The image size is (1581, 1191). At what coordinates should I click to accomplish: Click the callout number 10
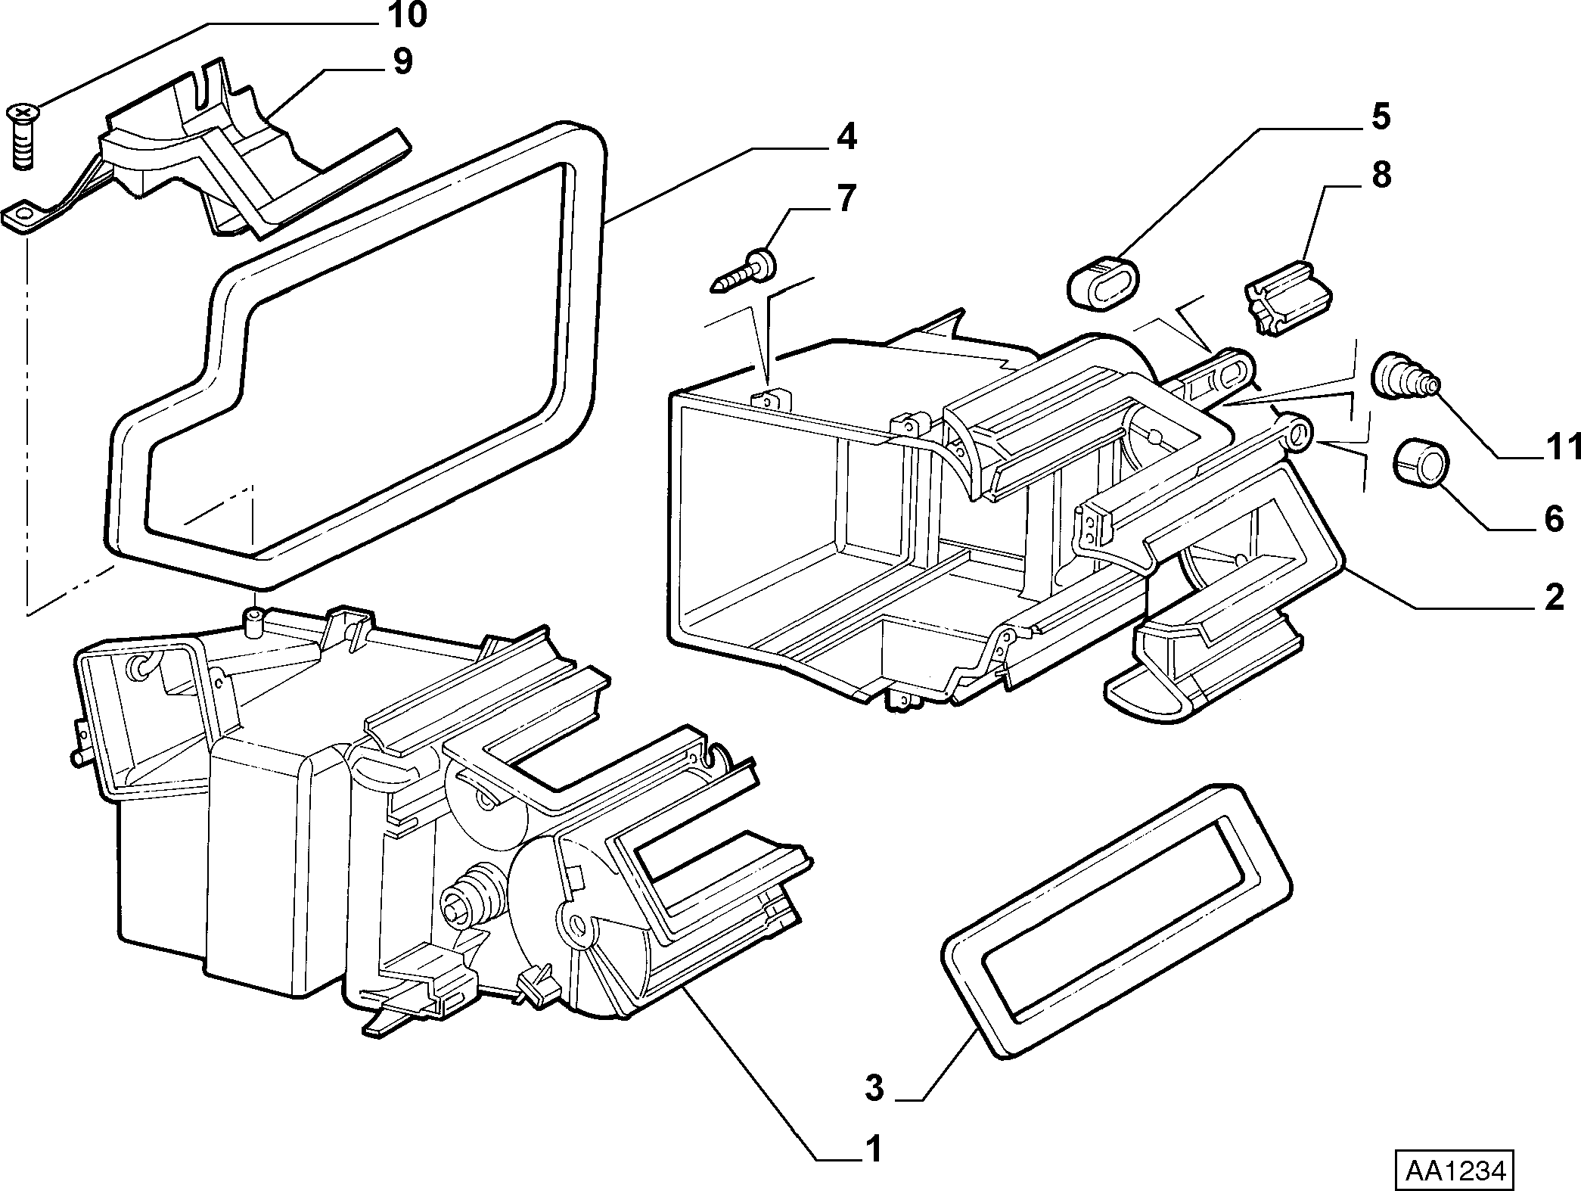pyautogui.click(x=405, y=15)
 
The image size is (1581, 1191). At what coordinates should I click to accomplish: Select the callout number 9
pyautogui.click(x=402, y=61)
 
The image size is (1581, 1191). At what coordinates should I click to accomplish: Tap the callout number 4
pyautogui.click(x=846, y=137)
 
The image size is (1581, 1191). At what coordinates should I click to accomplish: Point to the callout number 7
pyautogui.click(x=845, y=197)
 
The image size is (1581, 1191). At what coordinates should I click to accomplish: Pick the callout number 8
pyautogui.click(x=1381, y=176)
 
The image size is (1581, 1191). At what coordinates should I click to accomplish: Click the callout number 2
pyautogui.click(x=1553, y=598)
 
